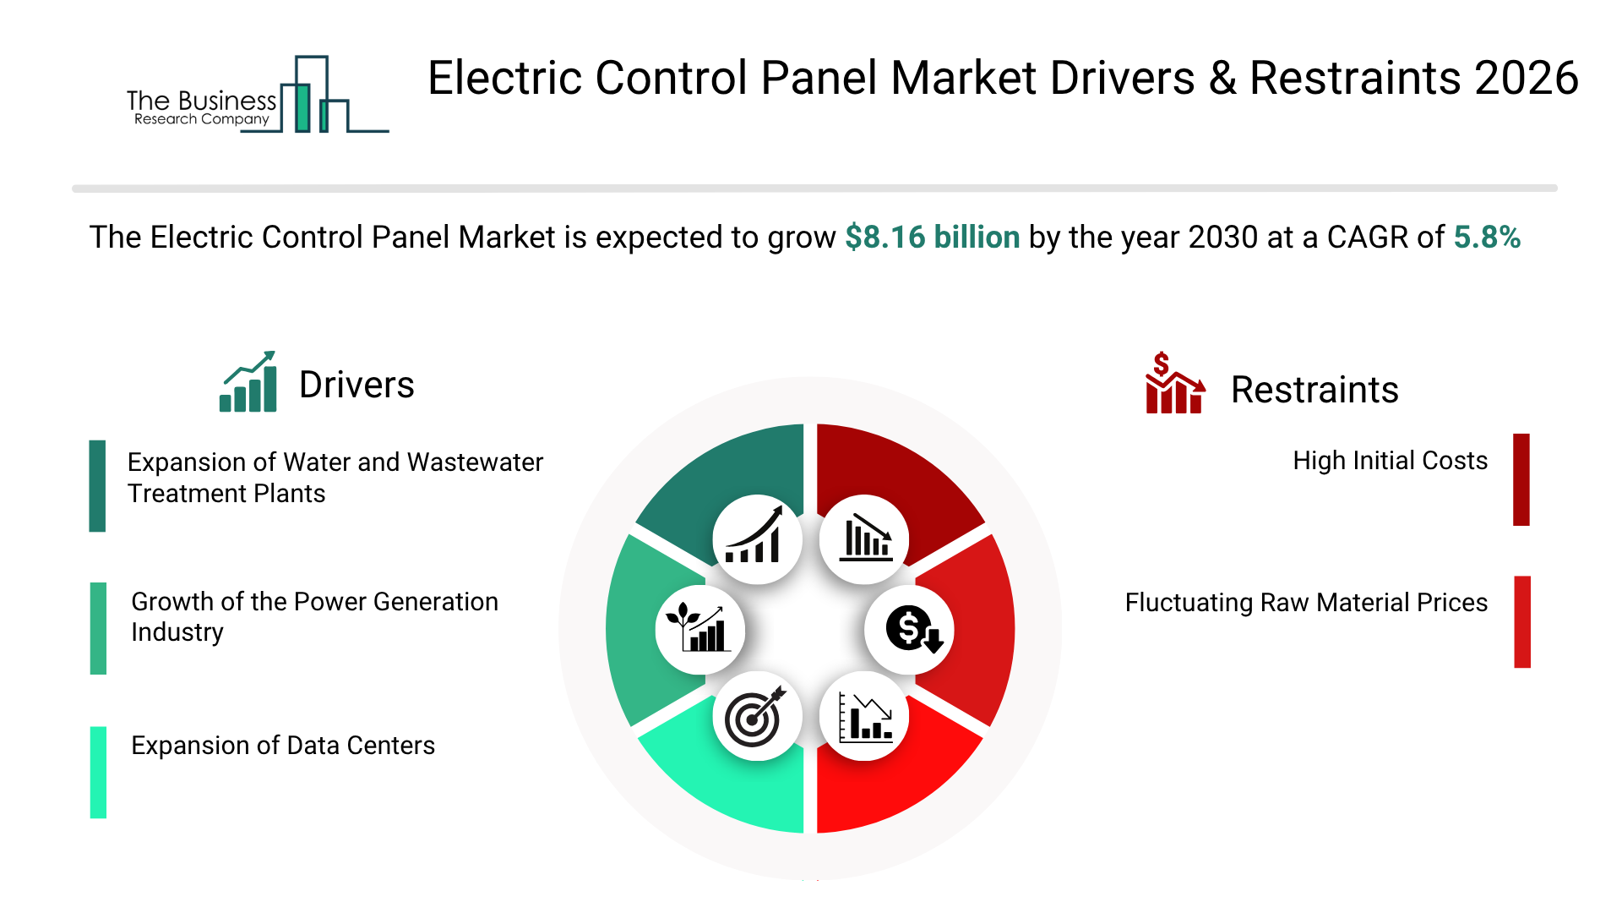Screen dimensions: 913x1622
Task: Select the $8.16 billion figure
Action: (x=932, y=238)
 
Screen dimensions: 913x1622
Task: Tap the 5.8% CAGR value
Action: (x=1486, y=238)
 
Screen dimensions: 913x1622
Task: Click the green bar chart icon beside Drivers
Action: (x=248, y=383)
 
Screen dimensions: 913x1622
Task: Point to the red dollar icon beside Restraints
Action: (x=1173, y=385)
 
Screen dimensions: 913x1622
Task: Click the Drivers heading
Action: (x=357, y=385)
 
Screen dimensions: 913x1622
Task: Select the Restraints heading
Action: (x=1314, y=391)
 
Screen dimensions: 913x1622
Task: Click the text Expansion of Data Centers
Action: (x=283, y=746)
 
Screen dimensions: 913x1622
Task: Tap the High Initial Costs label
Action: (x=1390, y=461)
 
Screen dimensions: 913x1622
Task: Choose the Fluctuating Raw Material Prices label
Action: (x=1306, y=603)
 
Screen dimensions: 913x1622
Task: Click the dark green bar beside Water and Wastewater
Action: (x=98, y=486)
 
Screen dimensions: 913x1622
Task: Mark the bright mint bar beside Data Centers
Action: (x=99, y=772)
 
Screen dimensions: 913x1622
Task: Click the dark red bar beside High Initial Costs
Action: (x=1521, y=479)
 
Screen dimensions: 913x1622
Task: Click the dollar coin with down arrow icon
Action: (x=911, y=630)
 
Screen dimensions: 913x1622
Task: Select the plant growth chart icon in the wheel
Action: (x=699, y=630)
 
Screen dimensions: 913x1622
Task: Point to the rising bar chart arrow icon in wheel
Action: (x=756, y=539)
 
